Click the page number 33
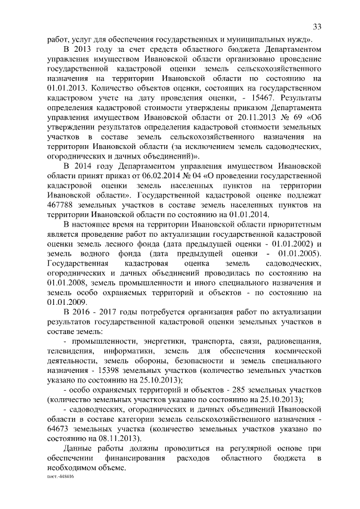pyautogui.click(x=317, y=27)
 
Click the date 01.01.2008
pyautogui.click(x=66, y=282)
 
